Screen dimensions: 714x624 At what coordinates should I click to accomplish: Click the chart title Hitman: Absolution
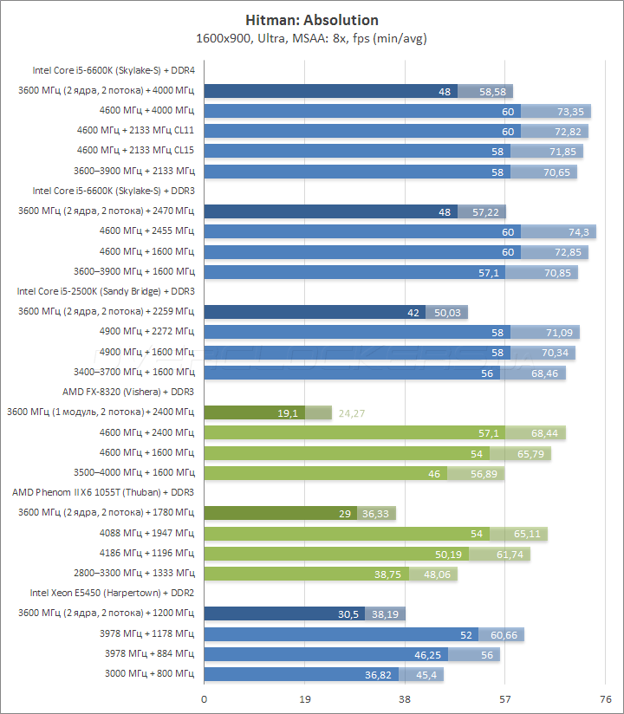pyautogui.click(x=312, y=20)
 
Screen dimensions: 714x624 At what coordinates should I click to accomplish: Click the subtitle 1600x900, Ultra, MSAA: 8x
pyautogui.click(x=283, y=38)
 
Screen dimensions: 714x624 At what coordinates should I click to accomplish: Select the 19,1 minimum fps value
pyautogui.click(x=287, y=413)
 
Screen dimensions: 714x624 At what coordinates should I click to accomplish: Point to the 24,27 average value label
pyautogui.click(x=352, y=413)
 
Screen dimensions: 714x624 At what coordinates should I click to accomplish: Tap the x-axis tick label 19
pyautogui.click(x=304, y=698)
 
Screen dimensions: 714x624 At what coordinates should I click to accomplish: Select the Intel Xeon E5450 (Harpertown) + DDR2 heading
pyautogui.click(x=112, y=593)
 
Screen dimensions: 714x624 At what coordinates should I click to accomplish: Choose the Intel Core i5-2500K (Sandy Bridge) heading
pyautogui.click(x=106, y=291)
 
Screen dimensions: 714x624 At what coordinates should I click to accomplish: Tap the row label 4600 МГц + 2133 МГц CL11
pyautogui.click(x=135, y=131)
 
